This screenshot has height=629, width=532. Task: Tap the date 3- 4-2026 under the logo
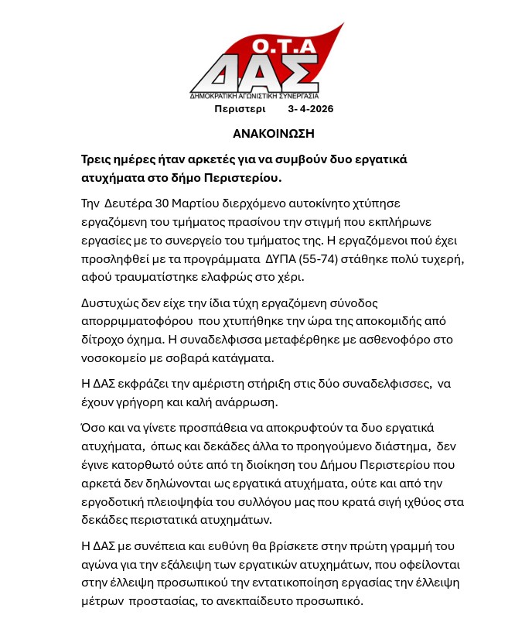coord(310,109)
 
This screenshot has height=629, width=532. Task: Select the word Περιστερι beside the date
coord(240,109)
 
